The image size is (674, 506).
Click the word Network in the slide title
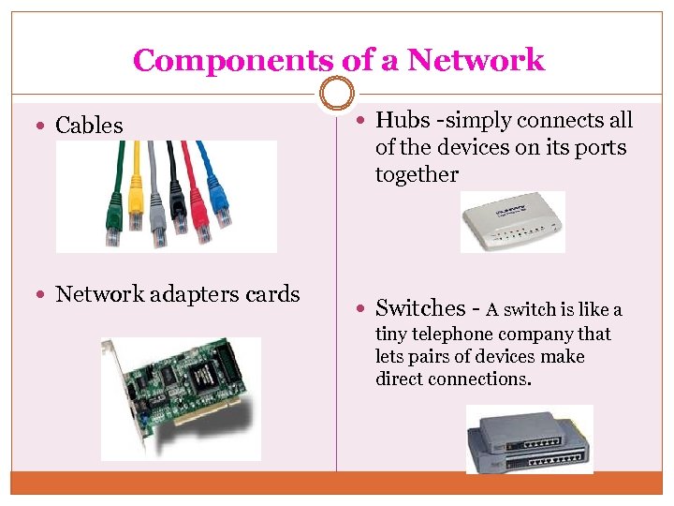pyautogui.click(x=476, y=61)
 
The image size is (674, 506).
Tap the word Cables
pyautogui.click(x=89, y=126)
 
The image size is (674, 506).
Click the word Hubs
pyautogui.click(x=402, y=120)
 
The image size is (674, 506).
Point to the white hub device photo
pyautogui.click(x=513, y=222)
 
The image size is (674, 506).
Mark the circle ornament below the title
pyautogui.click(x=336, y=94)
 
